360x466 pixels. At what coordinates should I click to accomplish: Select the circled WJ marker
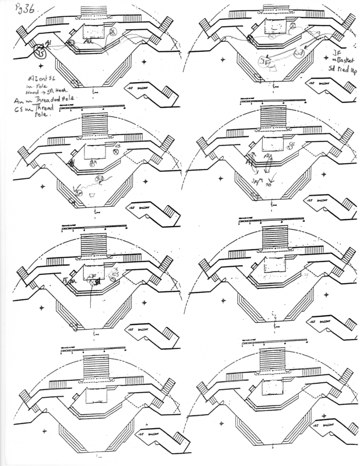[298, 54]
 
